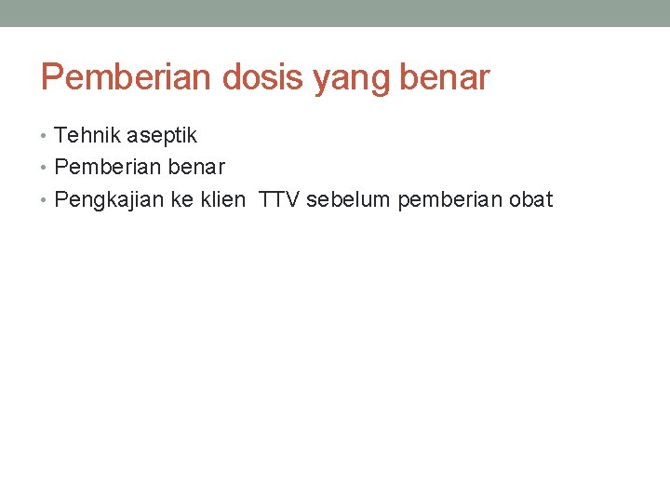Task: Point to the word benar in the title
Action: [444, 77]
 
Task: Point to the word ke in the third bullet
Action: [182, 199]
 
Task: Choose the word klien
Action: [222, 199]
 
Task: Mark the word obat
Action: [529, 199]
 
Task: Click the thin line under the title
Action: [335, 105]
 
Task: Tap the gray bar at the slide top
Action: [335, 13]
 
